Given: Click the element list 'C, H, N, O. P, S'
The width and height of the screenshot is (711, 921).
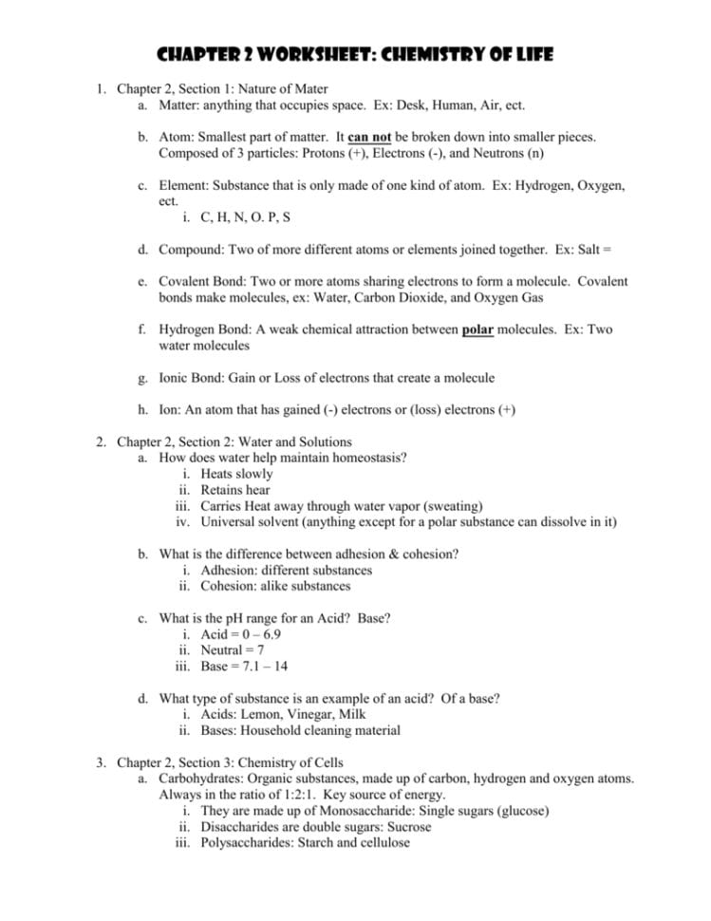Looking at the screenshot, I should (246, 216).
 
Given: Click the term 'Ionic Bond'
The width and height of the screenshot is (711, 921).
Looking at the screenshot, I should (194, 378).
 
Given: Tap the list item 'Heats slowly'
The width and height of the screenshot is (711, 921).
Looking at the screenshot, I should (236, 474).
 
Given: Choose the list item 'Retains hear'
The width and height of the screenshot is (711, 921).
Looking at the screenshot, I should (235, 490).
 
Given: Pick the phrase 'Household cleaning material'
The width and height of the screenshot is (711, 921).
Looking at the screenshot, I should (322, 730).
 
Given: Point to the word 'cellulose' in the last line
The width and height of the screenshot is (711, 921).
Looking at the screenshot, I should (381, 843).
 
